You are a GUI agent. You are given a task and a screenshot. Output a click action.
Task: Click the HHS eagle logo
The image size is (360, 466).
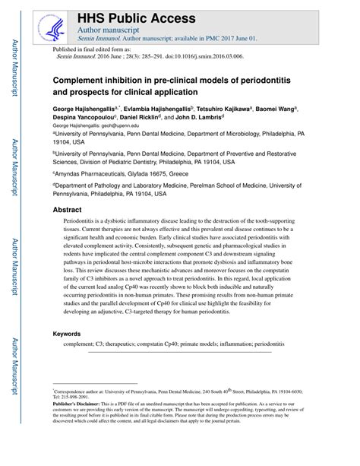pyautogui.click(x=52, y=27)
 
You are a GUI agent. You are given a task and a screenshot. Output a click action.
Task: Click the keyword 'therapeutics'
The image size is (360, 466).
pyautogui.click(x=121, y=344)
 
